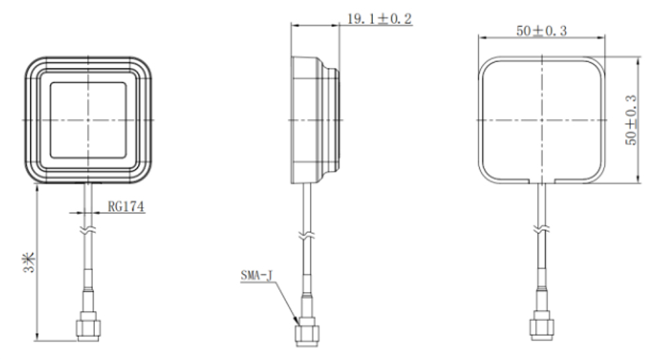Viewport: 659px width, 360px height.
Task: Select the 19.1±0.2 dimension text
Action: click(379, 19)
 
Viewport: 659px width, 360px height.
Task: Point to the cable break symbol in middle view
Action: click(306, 237)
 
